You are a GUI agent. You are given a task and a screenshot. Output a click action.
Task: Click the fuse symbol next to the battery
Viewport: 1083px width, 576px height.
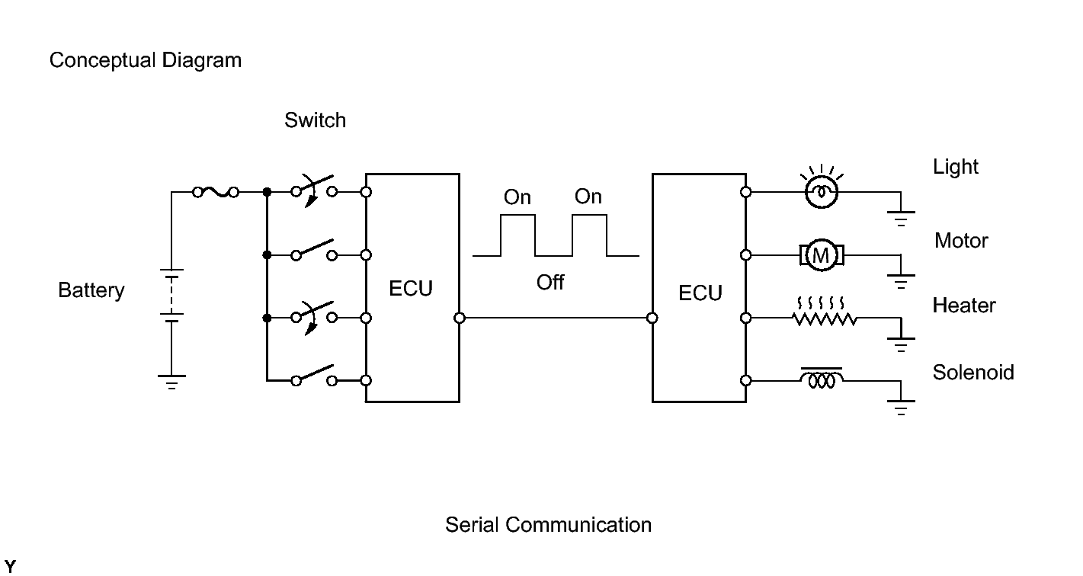pyautogui.click(x=216, y=192)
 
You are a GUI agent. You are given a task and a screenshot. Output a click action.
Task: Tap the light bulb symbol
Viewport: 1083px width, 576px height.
pyautogui.click(x=822, y=192)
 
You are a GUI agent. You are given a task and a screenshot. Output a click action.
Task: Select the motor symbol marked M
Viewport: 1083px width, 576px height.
pyautogui.click(x=822, y=255)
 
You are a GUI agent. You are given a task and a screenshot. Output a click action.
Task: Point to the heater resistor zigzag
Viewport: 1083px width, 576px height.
pyautogui.click(x=825, y=318)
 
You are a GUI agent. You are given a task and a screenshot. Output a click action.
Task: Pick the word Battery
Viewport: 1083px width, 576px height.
pyautogui.click(x=91, y=290)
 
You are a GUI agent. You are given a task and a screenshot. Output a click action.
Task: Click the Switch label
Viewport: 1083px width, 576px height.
pyautogui.click(x=316, y=120)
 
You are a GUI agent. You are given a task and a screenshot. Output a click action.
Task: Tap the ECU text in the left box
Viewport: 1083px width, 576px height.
pyautogui.click(x=411, y=289)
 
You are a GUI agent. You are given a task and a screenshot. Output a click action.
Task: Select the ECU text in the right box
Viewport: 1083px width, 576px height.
pyautogui.click(x=700, y=293)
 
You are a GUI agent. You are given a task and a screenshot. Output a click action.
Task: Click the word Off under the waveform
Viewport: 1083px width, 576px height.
pyautogui.click(x=550, y=282)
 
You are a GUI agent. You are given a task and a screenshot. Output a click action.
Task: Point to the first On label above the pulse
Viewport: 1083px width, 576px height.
pyautogui.click(x=517, y=197)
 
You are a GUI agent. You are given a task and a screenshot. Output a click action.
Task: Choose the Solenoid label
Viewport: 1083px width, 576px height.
pyautogui.click(x=973, y=373)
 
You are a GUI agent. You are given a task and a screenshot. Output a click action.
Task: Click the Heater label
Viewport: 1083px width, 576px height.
pyautogui.click(x=964, y=306)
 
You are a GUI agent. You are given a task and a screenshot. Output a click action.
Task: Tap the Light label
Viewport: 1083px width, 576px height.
pyautogui.click(x=956, y=167)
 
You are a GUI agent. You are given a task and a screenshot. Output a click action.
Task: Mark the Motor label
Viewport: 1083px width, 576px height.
pyautogui.click(x=961, y=241)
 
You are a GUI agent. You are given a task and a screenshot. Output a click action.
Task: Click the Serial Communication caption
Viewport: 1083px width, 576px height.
pyautogui.click(x=548, y=525)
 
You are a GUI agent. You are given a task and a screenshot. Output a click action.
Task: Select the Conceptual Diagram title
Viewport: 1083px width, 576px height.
pyautogui.click(x=146, y=60)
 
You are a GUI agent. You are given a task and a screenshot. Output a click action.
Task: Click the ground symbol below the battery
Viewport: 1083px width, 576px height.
pyautogui.click(x=171, y=382)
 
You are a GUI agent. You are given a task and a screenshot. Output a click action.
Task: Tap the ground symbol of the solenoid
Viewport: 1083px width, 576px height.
pyautogui.click(x=901, y=408)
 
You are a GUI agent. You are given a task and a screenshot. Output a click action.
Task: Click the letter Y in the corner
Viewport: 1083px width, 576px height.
pyautogui.click(x=10, y=566)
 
